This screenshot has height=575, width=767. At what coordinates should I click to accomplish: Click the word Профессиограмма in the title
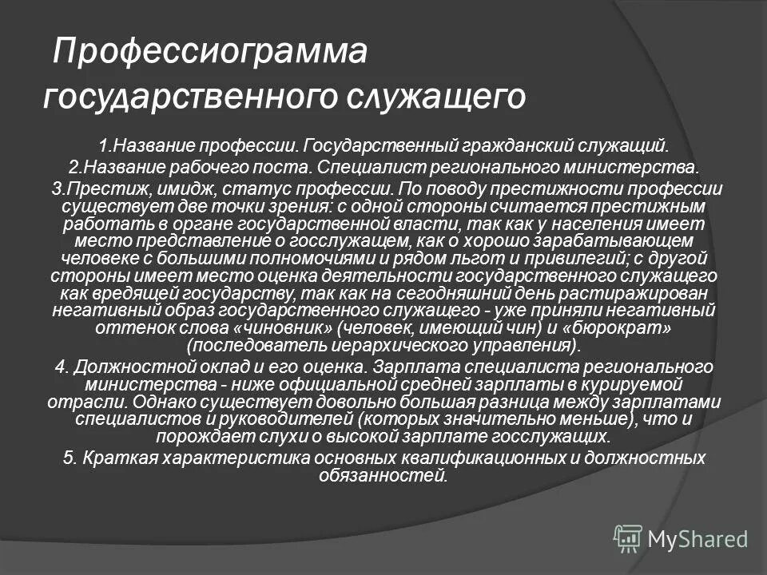click(210, 54)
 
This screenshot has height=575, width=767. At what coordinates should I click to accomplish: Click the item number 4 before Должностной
click(60, 366)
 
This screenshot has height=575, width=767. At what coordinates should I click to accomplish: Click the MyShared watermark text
click(697, 538)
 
